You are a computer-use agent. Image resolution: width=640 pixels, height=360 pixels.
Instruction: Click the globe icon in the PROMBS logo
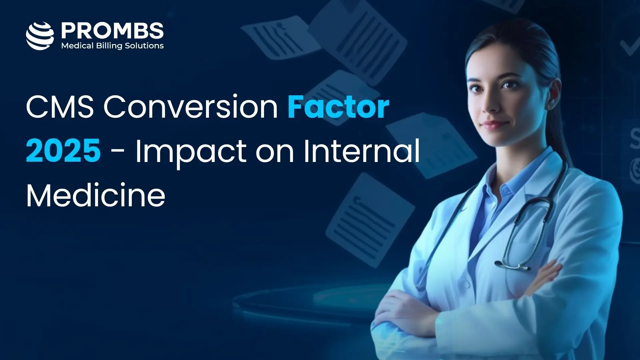(x=40, y=36)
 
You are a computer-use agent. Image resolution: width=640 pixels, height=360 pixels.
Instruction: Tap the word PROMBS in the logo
(x=112, y=31)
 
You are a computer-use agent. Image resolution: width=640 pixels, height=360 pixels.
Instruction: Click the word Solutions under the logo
(x=144, y=46)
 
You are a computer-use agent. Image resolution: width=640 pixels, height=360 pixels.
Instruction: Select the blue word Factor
(x=338, y=107)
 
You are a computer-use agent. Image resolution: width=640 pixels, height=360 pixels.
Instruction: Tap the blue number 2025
(x=63, y=151)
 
